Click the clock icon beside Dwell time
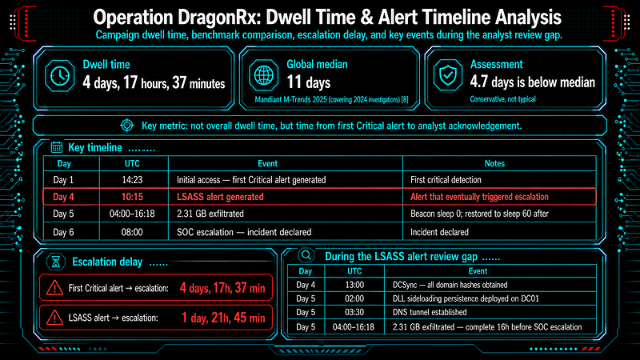[x=59, y=75]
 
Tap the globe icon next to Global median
[x=264, y=75]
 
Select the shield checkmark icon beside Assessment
[x=448, y=75]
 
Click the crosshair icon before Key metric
[x=127, y=126]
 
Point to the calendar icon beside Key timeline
[x=57, y=147]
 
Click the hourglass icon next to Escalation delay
[x=56, y=262]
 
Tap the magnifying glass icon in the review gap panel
[x=306, y=255]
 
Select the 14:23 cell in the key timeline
[x=132, y=179]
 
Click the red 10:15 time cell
[x=132, y=197]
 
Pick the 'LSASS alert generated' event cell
[x=220, y=197]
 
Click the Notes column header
[x=494, y=163]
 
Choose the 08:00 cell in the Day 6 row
[x=132, y=232]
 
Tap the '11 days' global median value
[x=309, y=82]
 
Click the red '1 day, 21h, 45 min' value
[x=223, y=318]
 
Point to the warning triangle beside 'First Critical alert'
[x=54, y=288]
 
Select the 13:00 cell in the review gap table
[x=354, y=285]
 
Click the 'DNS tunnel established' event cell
[x=430, y=312]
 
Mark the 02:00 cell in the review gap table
[x=354, y=298]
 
